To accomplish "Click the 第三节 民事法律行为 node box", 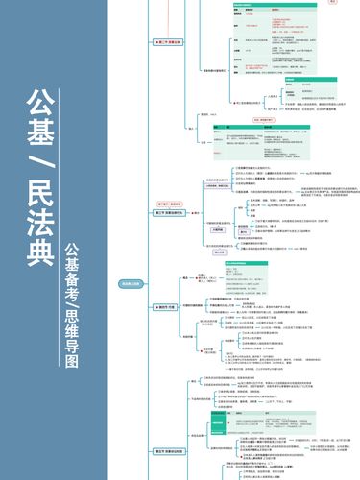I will pyautogui.click(x=167, y=213).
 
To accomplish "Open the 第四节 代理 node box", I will pyautogui.click(x=164, y=306).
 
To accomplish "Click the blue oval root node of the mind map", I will pyautogui.click(x=131, y=284).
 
